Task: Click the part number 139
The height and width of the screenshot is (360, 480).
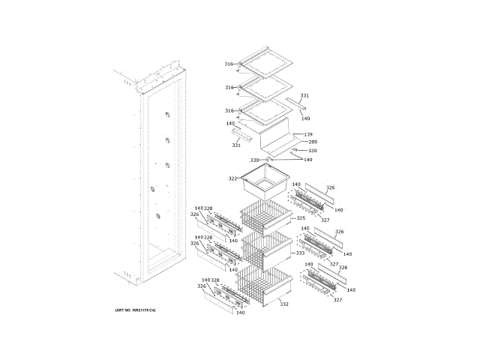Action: coord(308,134)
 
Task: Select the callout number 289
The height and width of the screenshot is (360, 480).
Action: coord(312,142)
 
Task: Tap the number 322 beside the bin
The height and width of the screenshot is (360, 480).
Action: coord(232,178)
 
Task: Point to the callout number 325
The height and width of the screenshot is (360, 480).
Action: coord(301,218)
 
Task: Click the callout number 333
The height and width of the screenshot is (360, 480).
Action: coord(300,253)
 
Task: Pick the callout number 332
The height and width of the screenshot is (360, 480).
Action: coord(283,304)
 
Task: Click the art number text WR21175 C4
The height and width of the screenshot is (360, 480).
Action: coord(140,310)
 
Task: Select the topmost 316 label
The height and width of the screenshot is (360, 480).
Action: coord(229,64)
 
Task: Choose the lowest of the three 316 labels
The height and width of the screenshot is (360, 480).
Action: coord(229,111)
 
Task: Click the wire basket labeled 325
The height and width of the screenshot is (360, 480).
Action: coord(266,218)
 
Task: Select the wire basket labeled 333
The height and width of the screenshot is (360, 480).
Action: coord(266,251)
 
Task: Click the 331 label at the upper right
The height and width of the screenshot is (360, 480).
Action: coord(304,95)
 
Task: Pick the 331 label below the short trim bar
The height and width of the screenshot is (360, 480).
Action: coord(236,145)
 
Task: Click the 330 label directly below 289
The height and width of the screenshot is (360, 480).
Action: coord(312,151)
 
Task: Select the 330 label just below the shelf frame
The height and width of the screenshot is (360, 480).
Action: coord(254,160)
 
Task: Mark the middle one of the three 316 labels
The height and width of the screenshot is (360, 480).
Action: coord(229,88)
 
